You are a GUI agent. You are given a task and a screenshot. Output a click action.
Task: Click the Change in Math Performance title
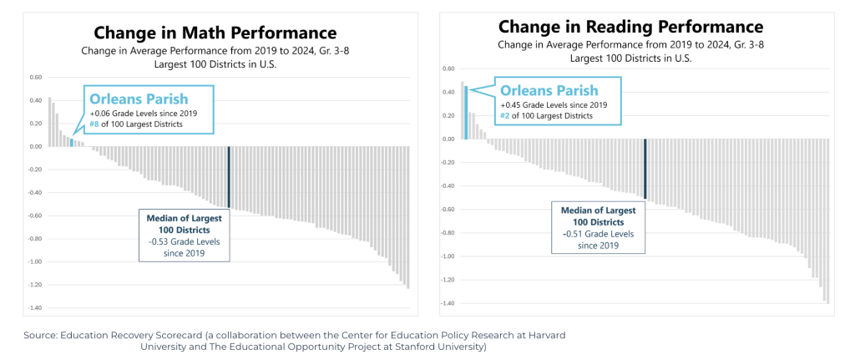coord(215,33)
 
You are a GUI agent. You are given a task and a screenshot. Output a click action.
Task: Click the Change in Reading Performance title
coord(630,27)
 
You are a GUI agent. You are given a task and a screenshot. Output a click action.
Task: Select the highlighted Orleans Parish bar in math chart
coord(72,143)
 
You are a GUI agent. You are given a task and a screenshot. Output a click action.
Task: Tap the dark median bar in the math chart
coord(229,177)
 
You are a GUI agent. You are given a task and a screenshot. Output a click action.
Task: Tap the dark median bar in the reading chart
coord(645,169)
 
